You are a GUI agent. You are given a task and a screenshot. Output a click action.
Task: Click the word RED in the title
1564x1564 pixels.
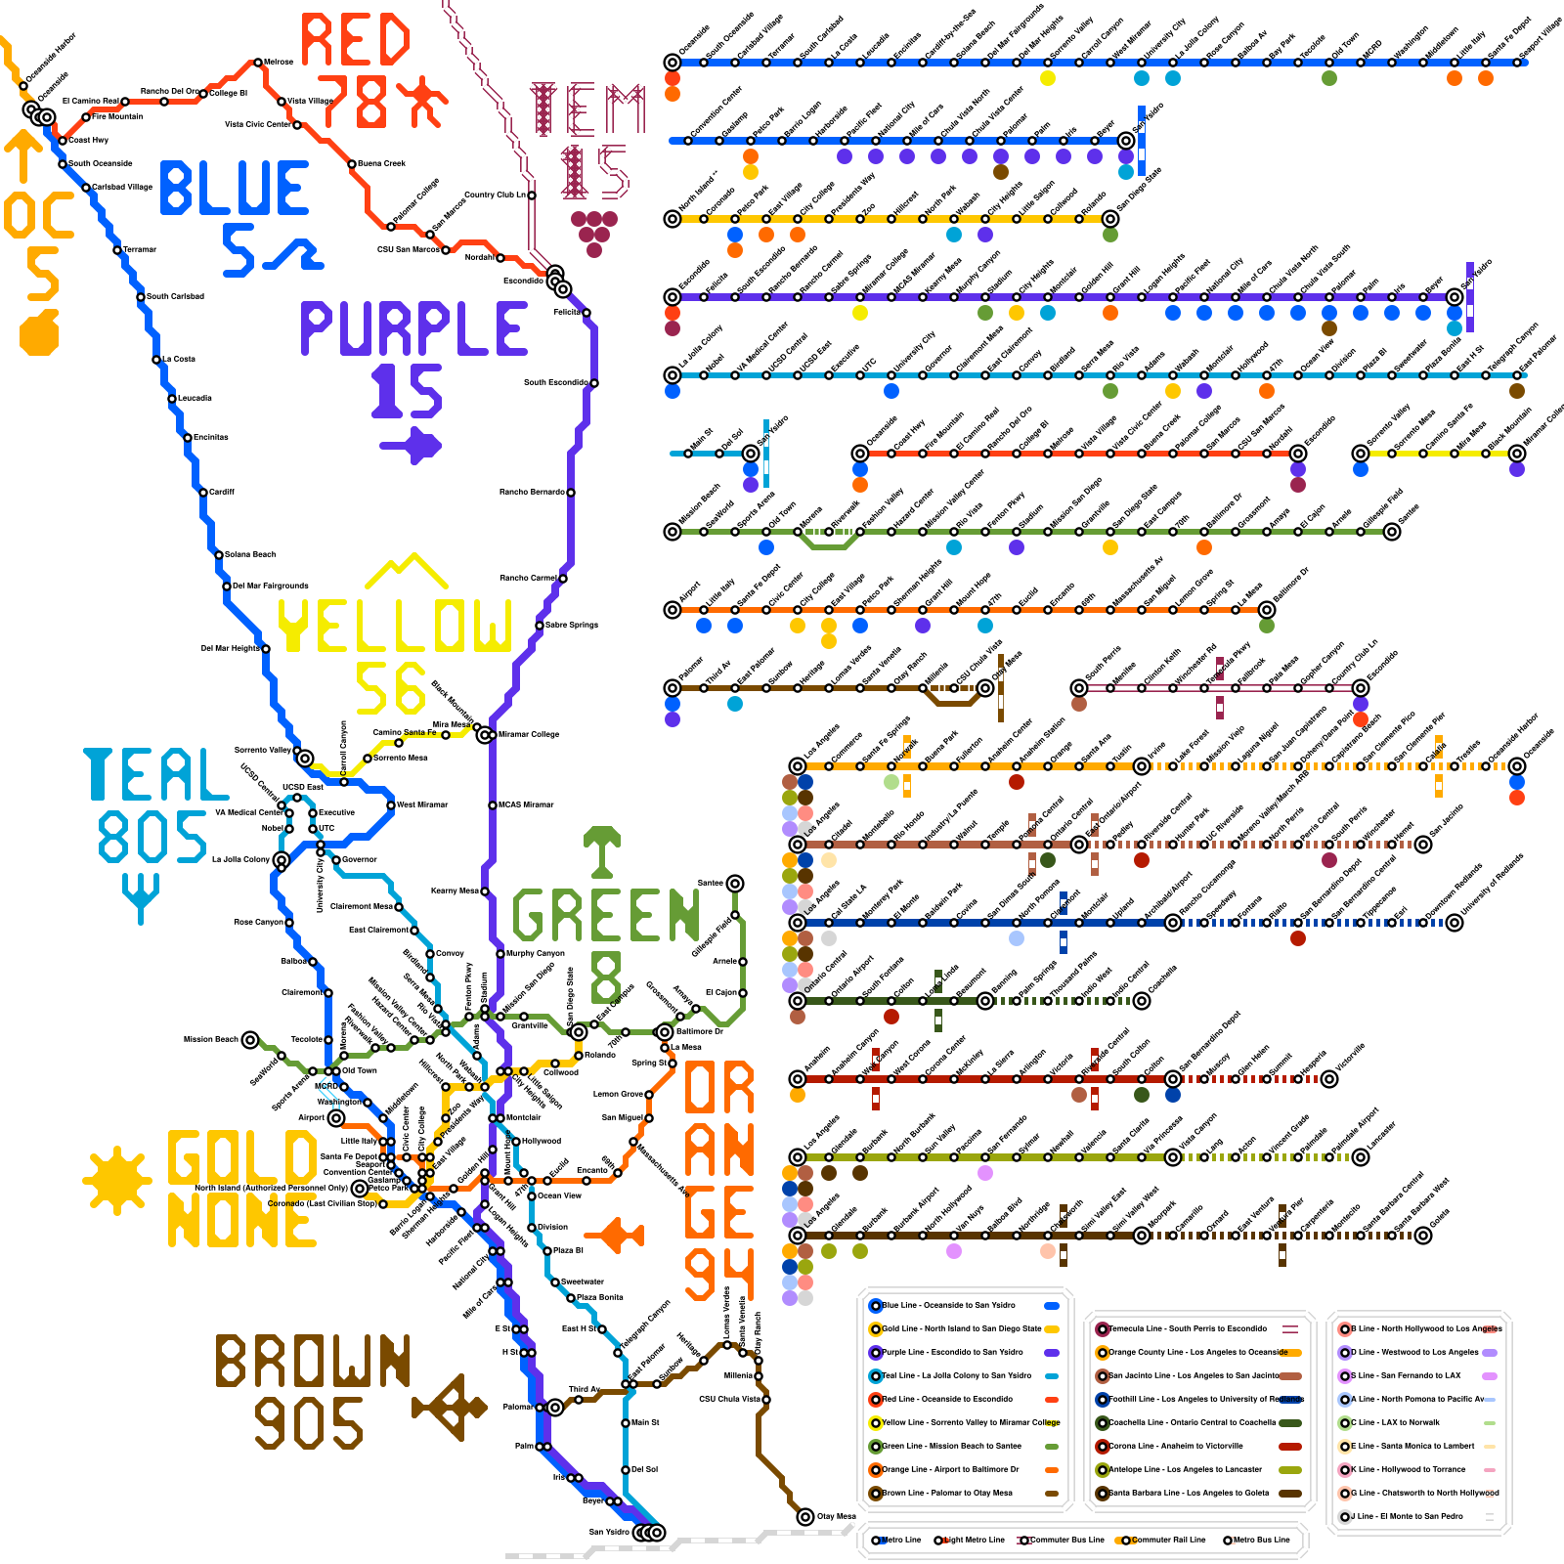355,41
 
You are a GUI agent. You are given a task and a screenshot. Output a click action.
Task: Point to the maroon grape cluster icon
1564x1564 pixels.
593,232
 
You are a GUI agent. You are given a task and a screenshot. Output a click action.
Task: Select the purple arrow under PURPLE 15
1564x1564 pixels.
411,446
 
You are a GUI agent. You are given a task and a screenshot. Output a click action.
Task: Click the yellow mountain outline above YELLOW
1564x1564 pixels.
406,573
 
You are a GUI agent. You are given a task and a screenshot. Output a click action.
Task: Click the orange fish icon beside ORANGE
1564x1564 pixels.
621,1235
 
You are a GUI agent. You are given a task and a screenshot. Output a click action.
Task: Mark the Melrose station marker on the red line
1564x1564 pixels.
258,62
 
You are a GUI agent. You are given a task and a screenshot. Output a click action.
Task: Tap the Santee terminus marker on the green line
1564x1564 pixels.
735,884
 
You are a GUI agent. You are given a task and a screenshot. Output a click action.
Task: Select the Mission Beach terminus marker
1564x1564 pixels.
250,1039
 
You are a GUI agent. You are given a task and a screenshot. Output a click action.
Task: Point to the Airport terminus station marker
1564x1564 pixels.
336,1117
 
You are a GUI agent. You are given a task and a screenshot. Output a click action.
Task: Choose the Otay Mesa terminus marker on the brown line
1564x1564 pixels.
804,1517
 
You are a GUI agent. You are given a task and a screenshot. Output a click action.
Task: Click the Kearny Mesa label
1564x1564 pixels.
456,891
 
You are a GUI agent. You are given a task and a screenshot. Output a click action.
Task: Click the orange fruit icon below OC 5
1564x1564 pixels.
40,333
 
